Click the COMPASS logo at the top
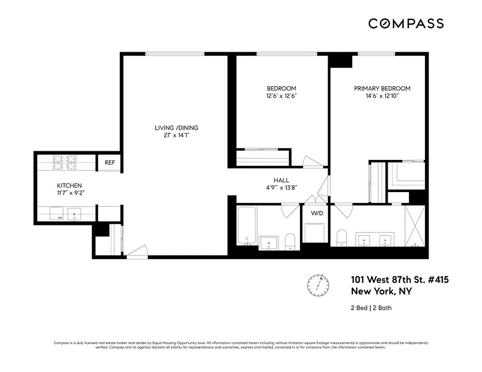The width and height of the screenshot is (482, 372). (406, 24)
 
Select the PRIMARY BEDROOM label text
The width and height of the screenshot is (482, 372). (382, 88)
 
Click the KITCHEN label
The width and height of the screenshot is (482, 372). (69, 186)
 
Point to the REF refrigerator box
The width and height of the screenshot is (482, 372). (109, 163)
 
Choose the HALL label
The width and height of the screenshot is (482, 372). (281, 180)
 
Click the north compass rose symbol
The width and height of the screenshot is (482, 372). (318, 284)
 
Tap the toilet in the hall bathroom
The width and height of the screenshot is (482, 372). (290, 241)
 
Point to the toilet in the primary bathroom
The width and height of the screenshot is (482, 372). (341, 238)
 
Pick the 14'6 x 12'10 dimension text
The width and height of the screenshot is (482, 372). (382, 96)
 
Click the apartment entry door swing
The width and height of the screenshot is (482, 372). (137, 252)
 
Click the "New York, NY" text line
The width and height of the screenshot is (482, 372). (381, 292)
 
